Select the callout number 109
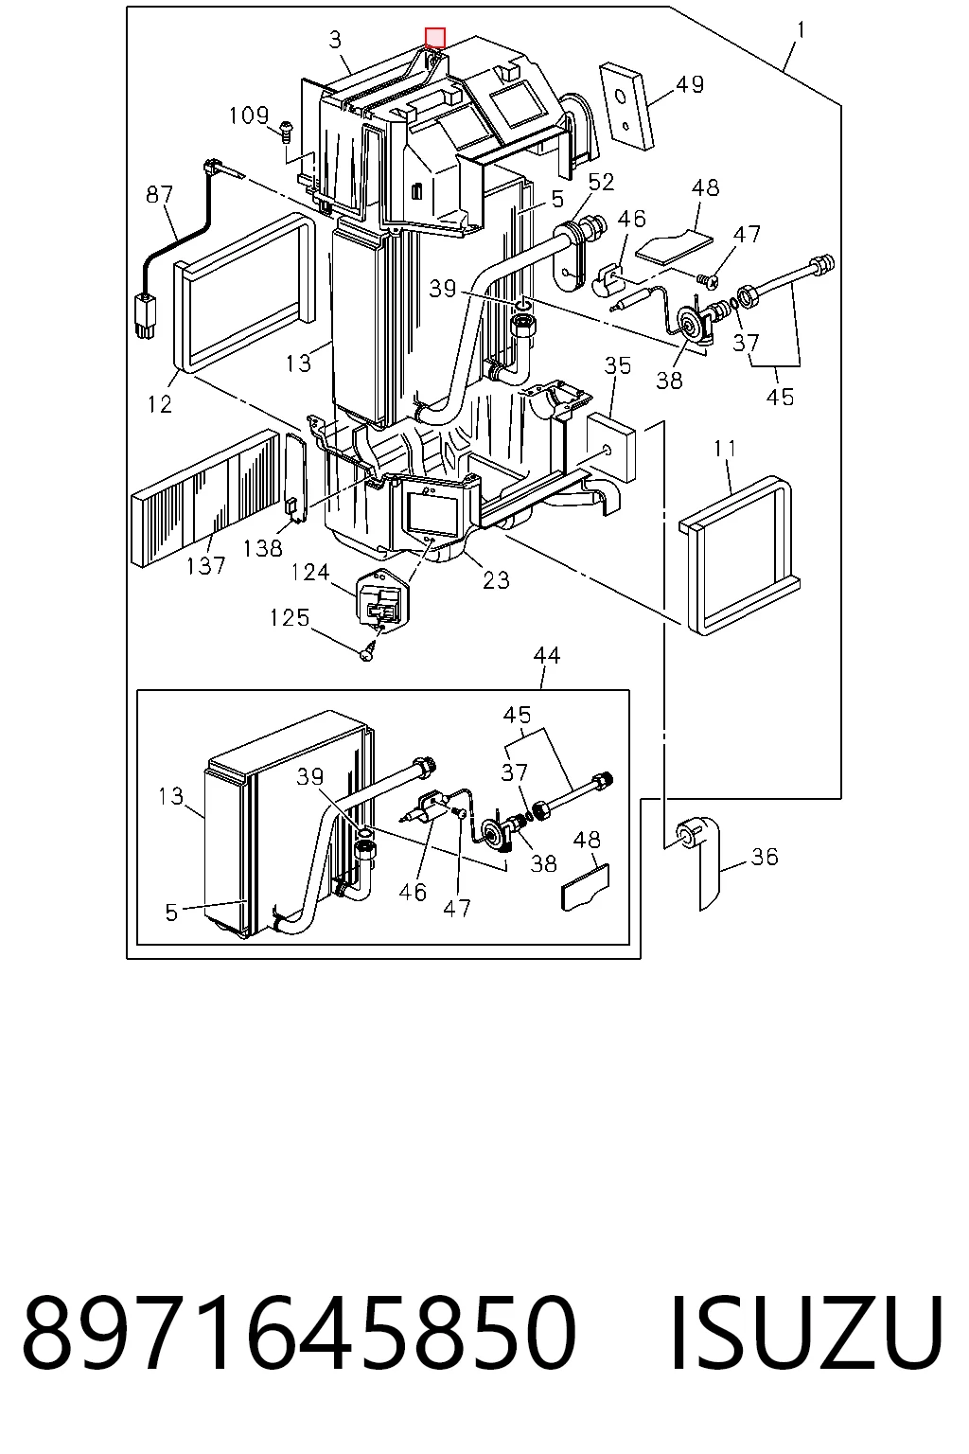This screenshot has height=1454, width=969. tap(249, 115)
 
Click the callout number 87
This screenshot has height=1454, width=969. tap(160, 195)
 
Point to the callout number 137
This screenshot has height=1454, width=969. tap(205, 566)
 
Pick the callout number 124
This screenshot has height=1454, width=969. tap(310, 573)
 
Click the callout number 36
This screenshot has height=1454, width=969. tap(765, 857)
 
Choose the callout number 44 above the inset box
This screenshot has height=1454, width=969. tap(547, 655)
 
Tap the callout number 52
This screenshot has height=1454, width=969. tap(601, 183)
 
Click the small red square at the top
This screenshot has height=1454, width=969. tap(435, 38)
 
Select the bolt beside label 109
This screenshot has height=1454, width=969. tap(285, 131)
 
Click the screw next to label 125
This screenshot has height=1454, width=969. tap(367, 651)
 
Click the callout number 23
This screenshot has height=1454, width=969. tap(496, 579)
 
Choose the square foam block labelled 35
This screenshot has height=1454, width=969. tap(610, 448)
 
